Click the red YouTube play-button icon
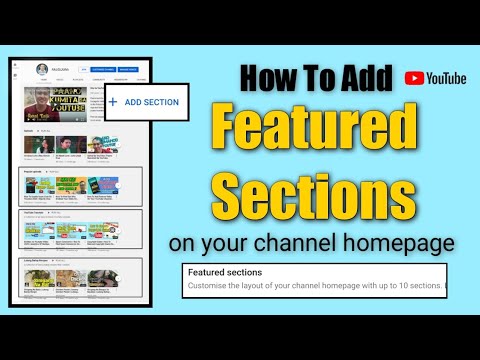[x=414, y=77]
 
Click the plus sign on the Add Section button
[x=112, y=102]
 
